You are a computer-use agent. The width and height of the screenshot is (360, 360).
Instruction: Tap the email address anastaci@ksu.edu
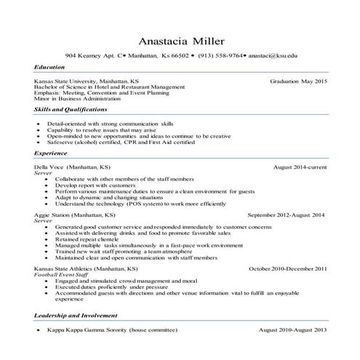coord(273,55)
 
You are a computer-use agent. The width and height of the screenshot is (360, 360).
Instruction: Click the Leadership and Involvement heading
coord(76,316)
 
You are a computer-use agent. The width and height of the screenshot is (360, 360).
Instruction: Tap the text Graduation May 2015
coord(298,81)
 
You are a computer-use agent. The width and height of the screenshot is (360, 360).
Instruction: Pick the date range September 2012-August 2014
coord(287,216)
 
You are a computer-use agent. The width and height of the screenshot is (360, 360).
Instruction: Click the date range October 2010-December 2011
coord(288,268)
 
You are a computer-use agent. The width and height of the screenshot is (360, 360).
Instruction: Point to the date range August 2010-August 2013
coord(292,329)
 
